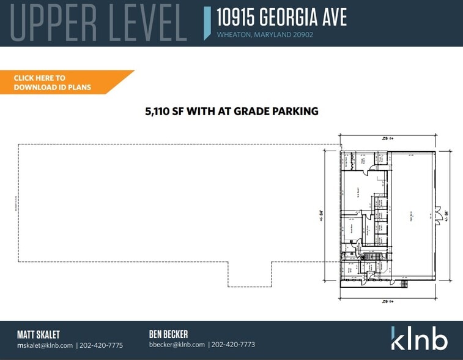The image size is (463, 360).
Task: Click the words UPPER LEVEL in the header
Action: (98, 23)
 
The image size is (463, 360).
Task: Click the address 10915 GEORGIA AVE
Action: (281, 17)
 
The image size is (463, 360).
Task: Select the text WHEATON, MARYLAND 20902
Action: (265, 35)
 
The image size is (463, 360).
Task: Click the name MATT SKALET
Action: (39, 334)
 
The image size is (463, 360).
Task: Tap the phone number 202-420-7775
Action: (102, 345)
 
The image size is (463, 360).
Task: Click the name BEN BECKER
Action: (168, 334)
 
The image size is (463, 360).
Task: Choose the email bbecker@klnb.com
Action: (177, 345)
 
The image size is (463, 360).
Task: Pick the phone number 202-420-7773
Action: (233, 345)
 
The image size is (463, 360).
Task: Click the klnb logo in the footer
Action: (419, 338)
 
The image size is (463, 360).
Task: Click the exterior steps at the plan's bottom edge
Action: (403, 283)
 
